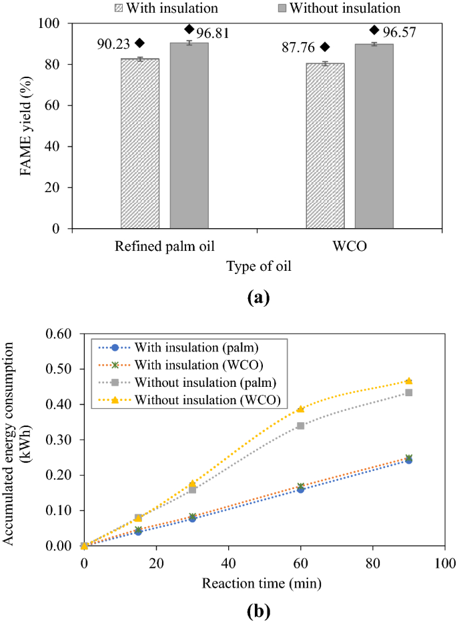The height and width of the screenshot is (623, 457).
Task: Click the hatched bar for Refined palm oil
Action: (x=140, y=143)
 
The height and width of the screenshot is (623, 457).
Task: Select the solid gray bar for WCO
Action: (x=374, y=136)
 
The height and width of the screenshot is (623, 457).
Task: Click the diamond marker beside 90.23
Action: (x=139, y=43)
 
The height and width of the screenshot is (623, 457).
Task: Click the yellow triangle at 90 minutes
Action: (x=408, y=381)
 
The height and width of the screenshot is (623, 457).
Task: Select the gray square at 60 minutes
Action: (x=300, y=426)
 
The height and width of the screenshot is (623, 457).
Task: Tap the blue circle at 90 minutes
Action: (x=408, y=460)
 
